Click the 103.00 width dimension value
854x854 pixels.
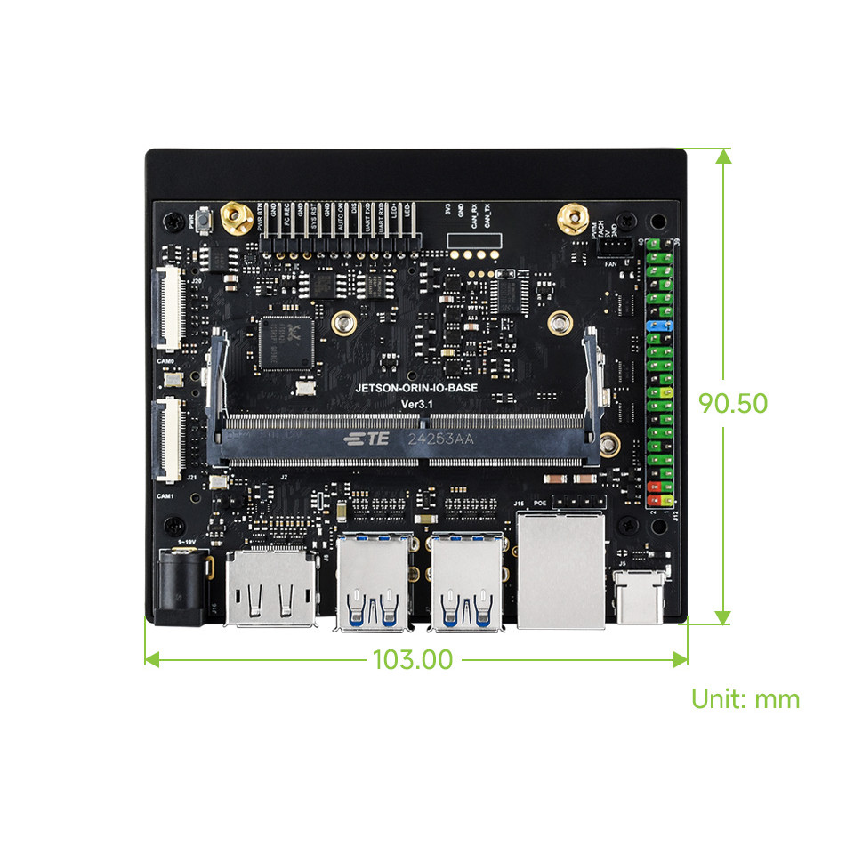tap(413, 660)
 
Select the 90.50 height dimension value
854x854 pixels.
tap(732, 403)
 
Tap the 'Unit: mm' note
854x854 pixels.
tap(745, 699)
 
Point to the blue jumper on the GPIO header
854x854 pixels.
tap(658, 327)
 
